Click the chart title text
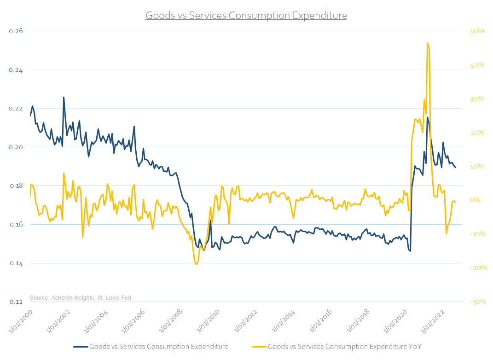click(x=246, y=16)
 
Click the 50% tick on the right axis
click(x=477, y=31)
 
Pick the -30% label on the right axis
click(x=477, y=302)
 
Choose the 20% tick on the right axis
click(x=477, y=133)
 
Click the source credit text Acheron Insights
click(x=80, y=298)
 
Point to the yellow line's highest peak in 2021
click(x=428, y=43)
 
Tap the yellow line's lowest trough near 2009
click(x=196, y=264)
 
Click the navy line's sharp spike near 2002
click(x=64, y=97)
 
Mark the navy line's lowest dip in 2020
click(x=410, y=251)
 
